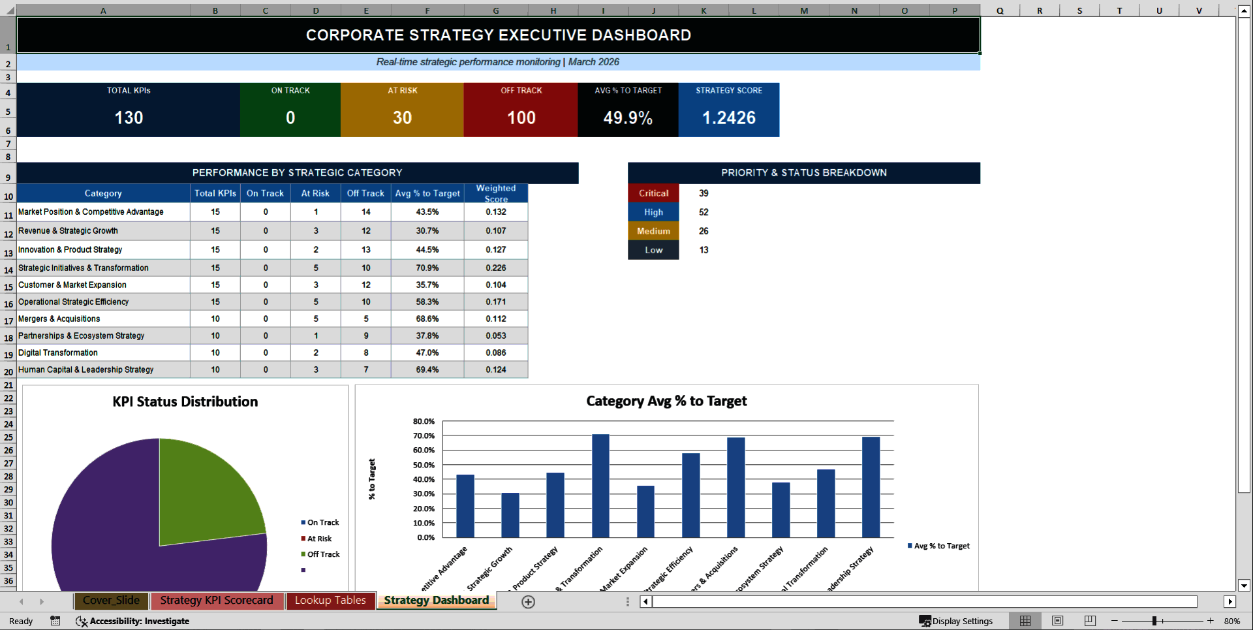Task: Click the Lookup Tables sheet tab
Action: click(x=330, y=601)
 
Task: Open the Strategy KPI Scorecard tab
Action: click(x=217, y=601)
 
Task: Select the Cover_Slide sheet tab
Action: click(x=111, y=601)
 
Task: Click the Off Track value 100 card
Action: click(x=521, y=118)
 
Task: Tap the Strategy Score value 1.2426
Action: click(x=728, y=118)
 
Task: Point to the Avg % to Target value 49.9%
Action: click(x=628, y=118)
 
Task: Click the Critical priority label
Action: click(x=653, y=193)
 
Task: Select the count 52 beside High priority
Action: click(x=704, y=212)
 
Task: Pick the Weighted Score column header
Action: click(x=496, y=193)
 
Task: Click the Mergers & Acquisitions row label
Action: click(x=59, y=319)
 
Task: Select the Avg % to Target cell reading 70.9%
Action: click(x=427, y=268)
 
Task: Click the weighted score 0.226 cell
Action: click(x=496, y=268)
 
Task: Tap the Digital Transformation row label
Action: click(x=58, y=353)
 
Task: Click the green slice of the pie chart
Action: click(x=202, y=490)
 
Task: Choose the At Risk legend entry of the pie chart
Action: click(x=319, y=539)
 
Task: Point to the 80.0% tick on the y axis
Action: click(x=424, y=422)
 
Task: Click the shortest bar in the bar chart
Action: click(x=510, y=515)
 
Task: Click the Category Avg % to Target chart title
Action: click(x=666, y=401)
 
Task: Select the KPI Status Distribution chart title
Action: click(x=185, y=402)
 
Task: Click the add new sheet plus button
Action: click(x=529, y=602)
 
